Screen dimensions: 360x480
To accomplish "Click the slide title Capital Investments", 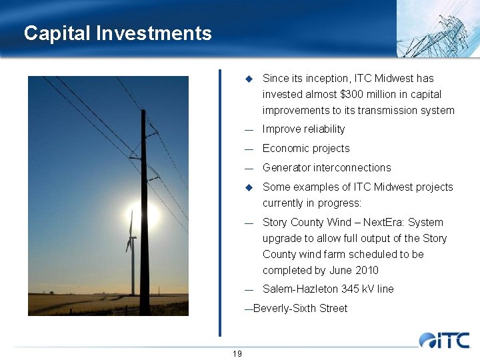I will click(117, 33).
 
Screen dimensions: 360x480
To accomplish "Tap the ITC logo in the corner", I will click(444, 340).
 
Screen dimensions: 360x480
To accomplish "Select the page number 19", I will click(237, 353).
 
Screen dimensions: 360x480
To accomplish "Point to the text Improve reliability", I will click(303, 129).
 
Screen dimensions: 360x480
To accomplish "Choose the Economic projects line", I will click(306, 149).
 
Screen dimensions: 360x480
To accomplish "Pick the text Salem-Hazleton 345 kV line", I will click(328, 289).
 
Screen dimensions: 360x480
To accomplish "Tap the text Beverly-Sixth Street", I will click(300, 309).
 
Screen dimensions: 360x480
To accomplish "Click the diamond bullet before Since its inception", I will click(249, 79).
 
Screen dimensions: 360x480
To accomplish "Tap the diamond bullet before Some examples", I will click(249, 187).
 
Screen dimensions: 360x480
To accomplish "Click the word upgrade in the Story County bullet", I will click(283, 239).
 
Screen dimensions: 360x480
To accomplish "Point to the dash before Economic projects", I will click(249, 149).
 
